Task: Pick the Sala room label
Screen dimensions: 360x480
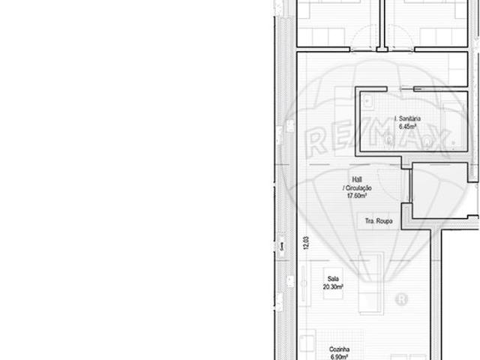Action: click(333, 278)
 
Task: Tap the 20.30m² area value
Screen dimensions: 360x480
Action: click(333, 286)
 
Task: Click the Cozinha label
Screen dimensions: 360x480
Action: click(340, 349)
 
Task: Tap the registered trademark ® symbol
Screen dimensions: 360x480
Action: click(400, 299)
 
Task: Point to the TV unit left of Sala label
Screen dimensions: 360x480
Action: click(306, 285)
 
